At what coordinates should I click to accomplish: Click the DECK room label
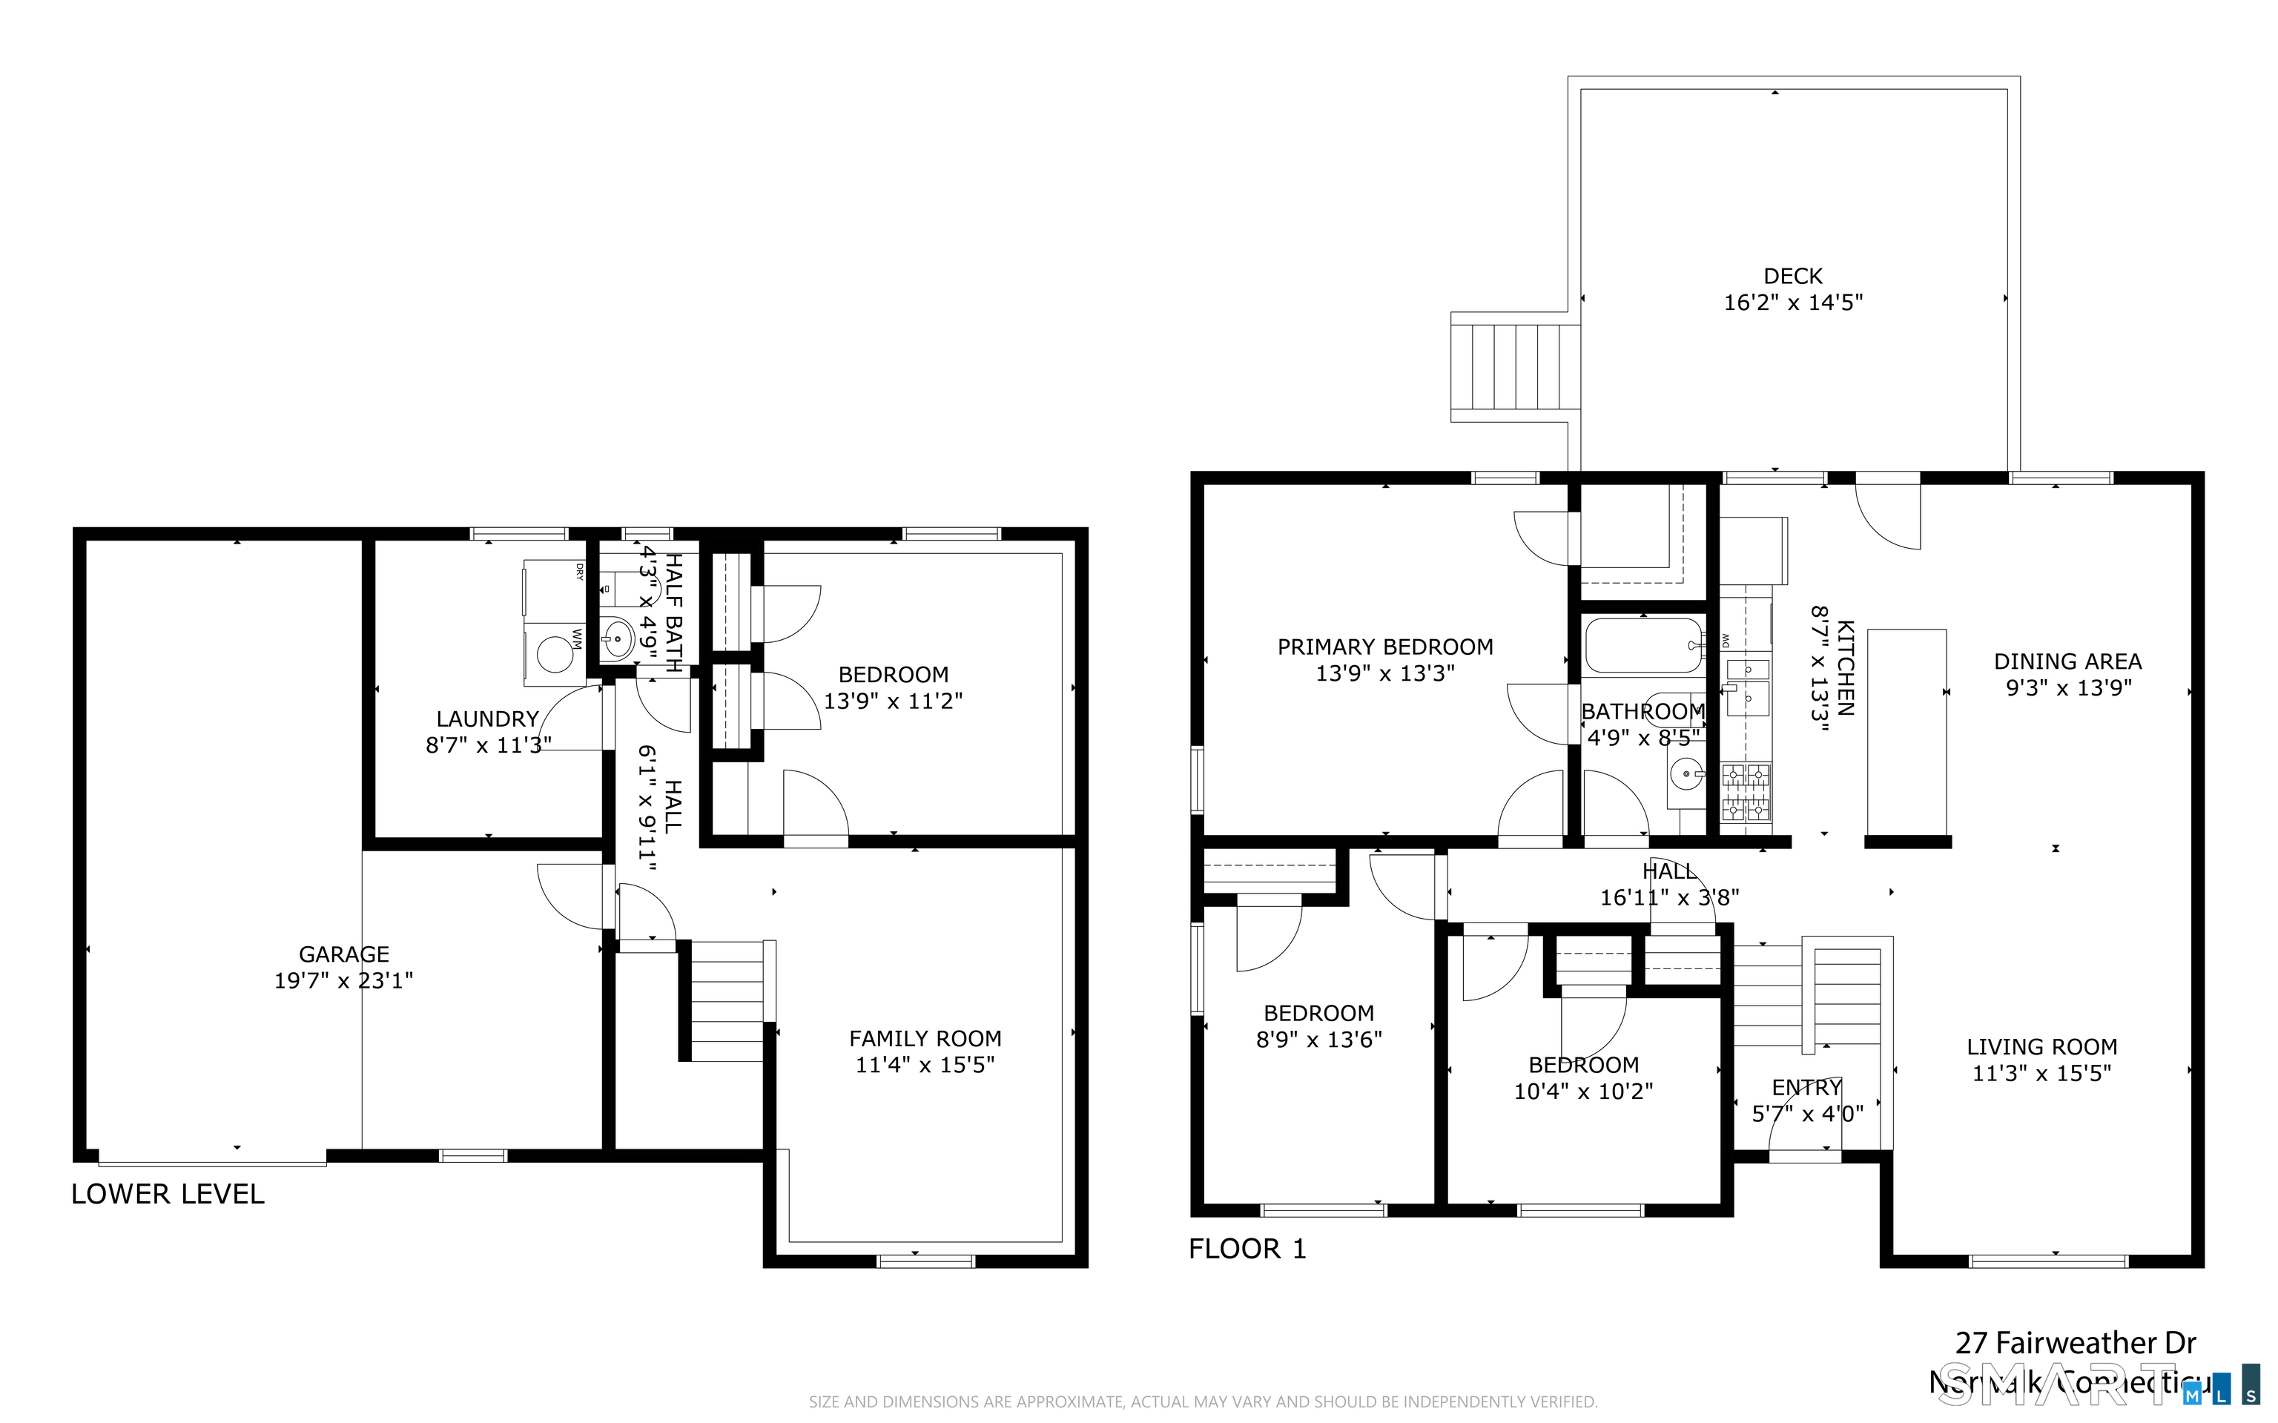tap(1792, 276)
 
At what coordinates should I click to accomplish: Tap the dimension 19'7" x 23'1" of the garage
tap(343, 980)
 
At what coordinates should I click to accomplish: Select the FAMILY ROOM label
tap(925, 1038)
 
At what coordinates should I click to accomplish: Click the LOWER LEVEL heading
tap(168, 1195)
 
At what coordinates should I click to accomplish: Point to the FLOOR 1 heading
tap(1247, 1249)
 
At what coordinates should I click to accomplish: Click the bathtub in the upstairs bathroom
tap(1643, 644)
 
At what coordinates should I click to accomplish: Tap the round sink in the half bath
tap(616, 639)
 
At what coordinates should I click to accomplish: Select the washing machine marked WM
tap(555, 653)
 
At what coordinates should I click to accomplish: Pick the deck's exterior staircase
tap(1515, 368)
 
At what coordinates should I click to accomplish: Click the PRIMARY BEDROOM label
tap(1385, 647)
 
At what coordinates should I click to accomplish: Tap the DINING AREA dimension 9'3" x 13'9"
tap(2067, 688)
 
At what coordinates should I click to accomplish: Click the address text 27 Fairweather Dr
tap(2076, 1343)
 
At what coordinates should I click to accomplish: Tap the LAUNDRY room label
tap(487, 719)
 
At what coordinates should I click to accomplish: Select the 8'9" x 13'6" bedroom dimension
tap(1318, 1040)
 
